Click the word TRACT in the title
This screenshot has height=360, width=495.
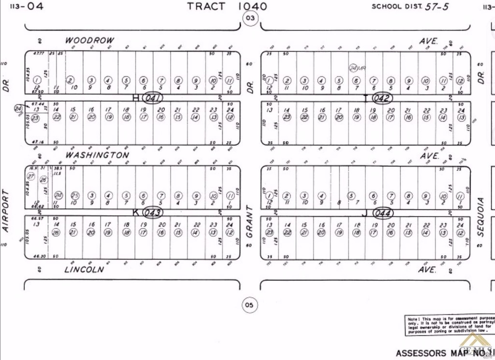(x=206, y=6)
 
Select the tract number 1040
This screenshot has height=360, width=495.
(x=252, y=6)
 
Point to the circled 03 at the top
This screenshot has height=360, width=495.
(x=250, y=19)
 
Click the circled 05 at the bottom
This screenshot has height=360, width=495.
(x=249, y=305)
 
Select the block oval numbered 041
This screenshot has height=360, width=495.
(x=154, y=98)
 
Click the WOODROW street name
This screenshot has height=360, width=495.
(x=90, y=41)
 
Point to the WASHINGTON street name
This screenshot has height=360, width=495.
(x=97, y=155)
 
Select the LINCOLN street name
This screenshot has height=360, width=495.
(x=84, y=269)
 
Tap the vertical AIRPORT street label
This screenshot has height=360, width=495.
(x=6, y=211)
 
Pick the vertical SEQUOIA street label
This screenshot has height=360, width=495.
(x=480, y=216)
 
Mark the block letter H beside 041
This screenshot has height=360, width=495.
(x=136, y=98)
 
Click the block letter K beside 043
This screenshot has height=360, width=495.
(x=136, y=212)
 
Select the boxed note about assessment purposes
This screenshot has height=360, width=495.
(x=449, y=325)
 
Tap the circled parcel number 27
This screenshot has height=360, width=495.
(x=31, y=176)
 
